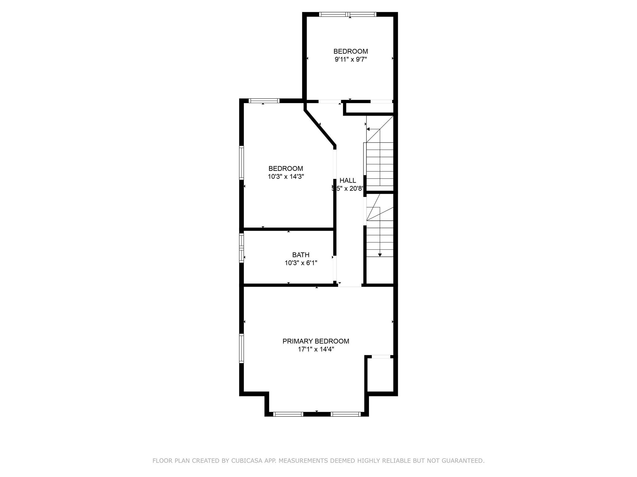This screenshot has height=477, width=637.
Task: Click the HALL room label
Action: click(x=347, y=180)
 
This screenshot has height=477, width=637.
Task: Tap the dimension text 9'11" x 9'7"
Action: click(x=351, y=59)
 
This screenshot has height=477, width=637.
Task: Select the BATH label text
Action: click(x=300, y=255)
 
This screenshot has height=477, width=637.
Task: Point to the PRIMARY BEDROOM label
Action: click(x=315, y=341)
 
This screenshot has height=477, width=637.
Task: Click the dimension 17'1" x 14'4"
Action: click(x=316, y=349)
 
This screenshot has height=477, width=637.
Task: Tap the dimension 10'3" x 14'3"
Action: click(x=286, y=177)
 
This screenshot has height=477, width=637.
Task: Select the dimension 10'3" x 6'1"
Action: click(x=300, y=263)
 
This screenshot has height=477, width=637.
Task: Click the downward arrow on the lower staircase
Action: click(x=380, y=254)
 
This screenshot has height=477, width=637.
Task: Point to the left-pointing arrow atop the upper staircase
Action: click(x=368, y=129)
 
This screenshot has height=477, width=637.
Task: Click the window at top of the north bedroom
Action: click(x=348, y=14)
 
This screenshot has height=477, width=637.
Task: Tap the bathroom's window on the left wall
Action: click(x=241, y=248)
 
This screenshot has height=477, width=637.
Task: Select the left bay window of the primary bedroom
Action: click(x=288, y=414)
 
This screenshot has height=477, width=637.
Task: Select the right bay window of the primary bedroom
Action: click(x=345, y=414)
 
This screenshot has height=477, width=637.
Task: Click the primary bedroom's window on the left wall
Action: click(x=241, y=348)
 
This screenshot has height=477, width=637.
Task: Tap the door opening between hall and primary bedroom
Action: click(x=350, y=285)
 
